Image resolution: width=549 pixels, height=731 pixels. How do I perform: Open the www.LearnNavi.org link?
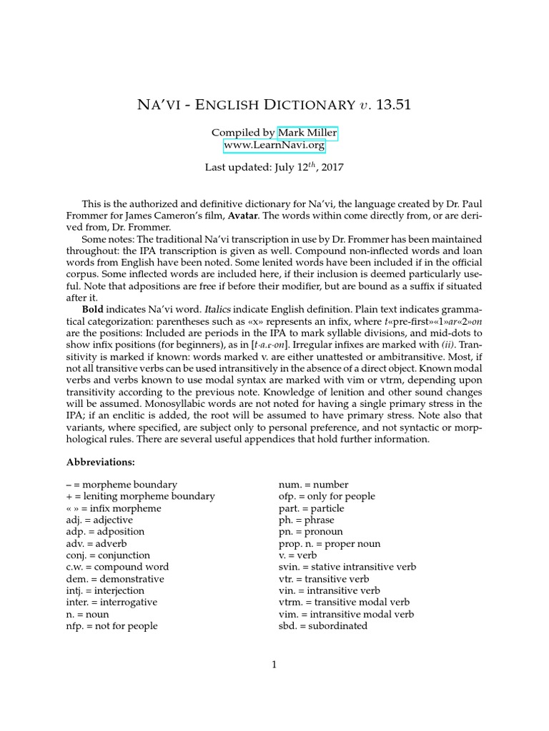tap(274, 145)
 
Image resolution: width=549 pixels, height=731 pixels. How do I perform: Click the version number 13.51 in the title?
tap(390, 105)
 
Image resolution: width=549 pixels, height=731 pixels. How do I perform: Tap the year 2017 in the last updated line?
tap(332, 169)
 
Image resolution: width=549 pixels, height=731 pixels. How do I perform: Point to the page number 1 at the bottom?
tap(274, 665)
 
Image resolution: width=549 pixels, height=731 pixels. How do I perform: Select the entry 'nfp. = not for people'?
tap(112, 625)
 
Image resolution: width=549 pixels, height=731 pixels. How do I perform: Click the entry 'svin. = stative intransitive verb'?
tap(347, 567)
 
